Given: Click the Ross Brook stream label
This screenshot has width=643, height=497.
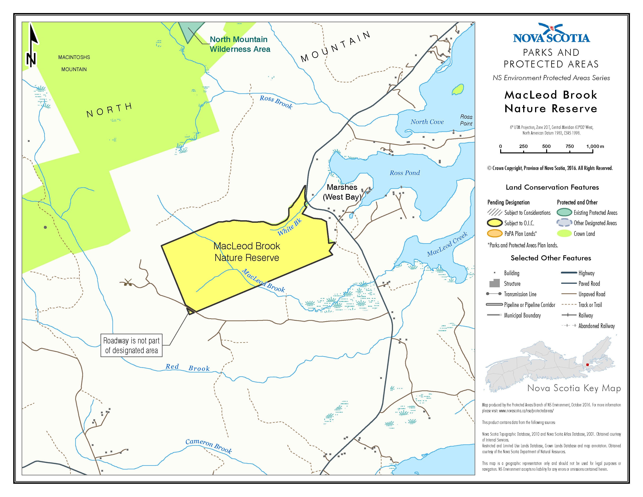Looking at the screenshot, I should coord(276,102).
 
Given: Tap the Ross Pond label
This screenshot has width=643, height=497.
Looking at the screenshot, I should coord(405,173).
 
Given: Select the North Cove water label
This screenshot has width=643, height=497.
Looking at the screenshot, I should coord(427,122).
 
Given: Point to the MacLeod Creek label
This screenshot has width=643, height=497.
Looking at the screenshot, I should coord(447,244).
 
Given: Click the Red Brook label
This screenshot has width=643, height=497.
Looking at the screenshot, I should coord(187,367).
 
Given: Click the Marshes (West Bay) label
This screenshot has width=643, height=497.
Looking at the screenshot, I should coord(342,192).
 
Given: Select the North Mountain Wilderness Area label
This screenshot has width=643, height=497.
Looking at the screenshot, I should coord(240,44).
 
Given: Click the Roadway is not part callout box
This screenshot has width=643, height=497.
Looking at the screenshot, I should coord(131,345).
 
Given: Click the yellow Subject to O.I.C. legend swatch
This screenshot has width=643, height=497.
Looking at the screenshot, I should coord(495,223).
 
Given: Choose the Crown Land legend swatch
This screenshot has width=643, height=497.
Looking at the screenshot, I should coord(564,233).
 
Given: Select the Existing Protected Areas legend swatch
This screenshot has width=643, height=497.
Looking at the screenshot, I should coord(564,213).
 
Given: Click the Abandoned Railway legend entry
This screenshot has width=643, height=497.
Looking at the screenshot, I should coord(596,326).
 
